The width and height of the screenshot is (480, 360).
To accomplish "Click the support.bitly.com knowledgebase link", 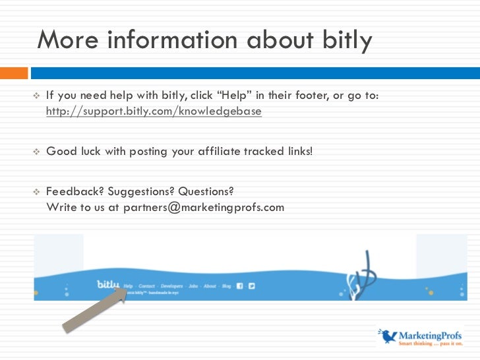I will click(154, 111).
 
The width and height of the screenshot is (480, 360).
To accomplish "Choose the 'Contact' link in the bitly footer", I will click(146, 286).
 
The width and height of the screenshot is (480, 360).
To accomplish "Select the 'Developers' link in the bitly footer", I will click(171, 286).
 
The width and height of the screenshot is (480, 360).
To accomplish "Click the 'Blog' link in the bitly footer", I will click(226, 286).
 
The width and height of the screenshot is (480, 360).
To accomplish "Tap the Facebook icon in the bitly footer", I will click(240, 286).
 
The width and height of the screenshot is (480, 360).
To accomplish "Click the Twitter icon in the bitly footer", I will click(251, 286).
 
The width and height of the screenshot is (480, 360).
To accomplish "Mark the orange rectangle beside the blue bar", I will click(14, 73).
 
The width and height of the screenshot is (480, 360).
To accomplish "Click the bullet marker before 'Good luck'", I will click(37, 151).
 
